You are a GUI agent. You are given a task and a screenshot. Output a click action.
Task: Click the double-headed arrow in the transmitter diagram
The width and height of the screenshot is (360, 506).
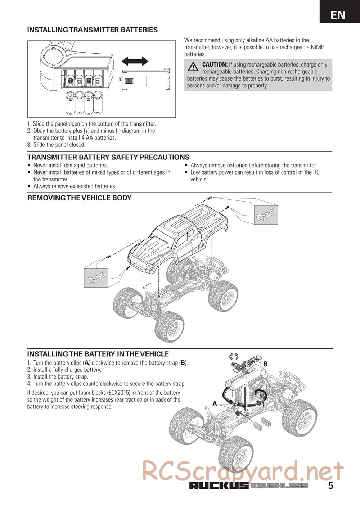tap(135, 61)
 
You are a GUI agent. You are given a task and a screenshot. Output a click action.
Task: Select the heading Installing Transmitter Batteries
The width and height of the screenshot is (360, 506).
tap(93, 30)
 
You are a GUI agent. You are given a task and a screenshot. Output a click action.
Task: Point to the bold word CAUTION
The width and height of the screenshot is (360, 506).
tap(215, 64)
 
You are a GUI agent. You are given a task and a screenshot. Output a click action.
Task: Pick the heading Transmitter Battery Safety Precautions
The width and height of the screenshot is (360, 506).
tap(108, 157)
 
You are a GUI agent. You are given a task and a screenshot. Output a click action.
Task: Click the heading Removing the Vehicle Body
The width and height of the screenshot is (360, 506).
tap(80, 198)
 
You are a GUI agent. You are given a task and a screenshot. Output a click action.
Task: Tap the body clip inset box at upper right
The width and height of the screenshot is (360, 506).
tap(266, 215)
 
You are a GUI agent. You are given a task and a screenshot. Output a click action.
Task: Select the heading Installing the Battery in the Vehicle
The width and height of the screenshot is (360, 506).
tap(98, 354)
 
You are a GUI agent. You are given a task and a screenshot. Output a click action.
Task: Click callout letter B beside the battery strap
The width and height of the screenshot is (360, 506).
tap(265, 364)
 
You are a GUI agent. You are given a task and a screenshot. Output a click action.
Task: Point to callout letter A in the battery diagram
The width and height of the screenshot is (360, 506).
tap(215, 404)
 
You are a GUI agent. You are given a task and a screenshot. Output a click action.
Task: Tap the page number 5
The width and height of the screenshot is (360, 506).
tap(330, 486)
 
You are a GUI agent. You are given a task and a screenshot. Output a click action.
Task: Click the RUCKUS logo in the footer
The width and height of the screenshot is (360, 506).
tap(219, 486)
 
